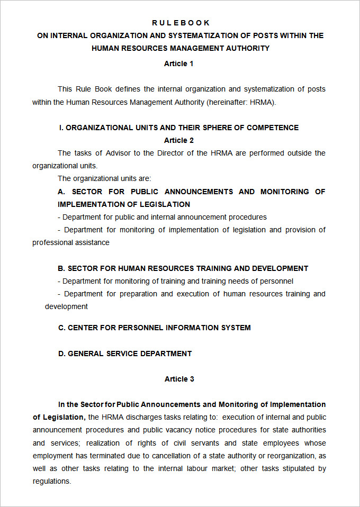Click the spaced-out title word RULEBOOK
tap(181, 23)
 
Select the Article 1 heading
tap(179, 64)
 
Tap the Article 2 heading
tap(179, 140)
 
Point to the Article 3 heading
tap(179, 379)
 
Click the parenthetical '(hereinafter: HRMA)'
tap(241, 102)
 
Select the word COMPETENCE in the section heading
tap(273, 128)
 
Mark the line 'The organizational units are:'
tap(104, 178)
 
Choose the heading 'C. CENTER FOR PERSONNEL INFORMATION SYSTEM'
tap(155, 328)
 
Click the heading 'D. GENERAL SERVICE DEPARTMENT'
tap(125, 353)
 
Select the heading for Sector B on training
tap(183, 268)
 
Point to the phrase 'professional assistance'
tap(71, 242)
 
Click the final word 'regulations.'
tap(51, 481)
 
